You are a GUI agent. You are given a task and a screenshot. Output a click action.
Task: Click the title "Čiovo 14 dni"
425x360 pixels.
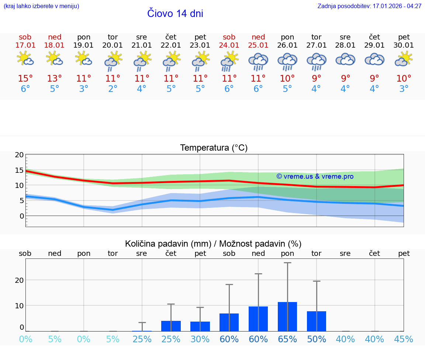click(175, 14)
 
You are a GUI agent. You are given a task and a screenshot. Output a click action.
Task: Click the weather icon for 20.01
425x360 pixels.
click(113, 61)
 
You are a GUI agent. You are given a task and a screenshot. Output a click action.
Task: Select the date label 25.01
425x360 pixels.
click(258, 45)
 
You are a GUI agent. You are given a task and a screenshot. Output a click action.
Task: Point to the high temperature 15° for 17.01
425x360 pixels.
click(25, 79)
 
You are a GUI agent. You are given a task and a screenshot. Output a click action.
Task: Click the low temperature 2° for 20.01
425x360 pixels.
click(113, 89)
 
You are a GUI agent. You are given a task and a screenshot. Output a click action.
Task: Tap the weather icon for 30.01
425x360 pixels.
click(404, 59)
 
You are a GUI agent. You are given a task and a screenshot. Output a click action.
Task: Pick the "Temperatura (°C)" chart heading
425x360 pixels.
click(214, 148)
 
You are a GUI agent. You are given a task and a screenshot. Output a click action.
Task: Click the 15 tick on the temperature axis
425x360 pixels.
click(19, 170)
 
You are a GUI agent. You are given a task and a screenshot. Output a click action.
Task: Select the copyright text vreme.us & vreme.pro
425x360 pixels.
click(315, 176)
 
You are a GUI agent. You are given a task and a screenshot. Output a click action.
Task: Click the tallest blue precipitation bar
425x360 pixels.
click(287, 316)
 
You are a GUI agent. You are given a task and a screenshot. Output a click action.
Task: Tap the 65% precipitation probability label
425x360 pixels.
click(287, 339)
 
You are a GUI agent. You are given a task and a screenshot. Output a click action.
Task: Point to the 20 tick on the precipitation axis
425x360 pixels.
click(19, 280)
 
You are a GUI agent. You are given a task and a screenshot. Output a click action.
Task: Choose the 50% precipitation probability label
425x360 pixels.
click(317, 339)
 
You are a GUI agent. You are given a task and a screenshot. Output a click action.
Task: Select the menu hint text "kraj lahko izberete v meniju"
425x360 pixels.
click(41, 6)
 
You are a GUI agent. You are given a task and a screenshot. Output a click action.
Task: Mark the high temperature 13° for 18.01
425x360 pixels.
click(55, 79)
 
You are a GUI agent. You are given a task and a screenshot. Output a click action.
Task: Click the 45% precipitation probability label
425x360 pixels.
click(404, 339)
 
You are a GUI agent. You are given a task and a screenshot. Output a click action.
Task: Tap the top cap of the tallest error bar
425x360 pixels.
click(287, 263)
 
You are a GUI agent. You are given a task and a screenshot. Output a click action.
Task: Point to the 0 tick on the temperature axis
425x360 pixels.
click(22, 216)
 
